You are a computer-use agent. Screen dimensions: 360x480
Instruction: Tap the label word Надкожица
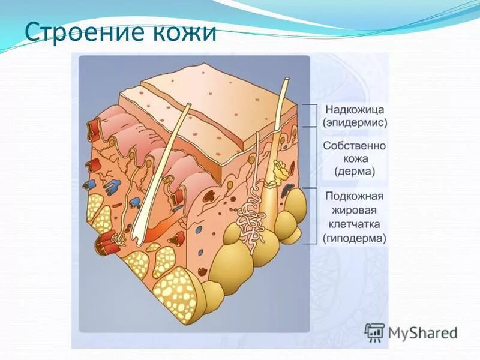pos(355,110)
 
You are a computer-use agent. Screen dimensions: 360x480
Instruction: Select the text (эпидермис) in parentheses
pos(355,122)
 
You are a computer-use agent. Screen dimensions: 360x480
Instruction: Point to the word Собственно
pos(355,146)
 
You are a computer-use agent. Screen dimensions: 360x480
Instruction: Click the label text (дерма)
pos(355,172)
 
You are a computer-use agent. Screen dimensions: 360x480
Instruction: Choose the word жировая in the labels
pos(355,211)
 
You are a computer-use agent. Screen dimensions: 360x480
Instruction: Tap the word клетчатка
pos(355,224)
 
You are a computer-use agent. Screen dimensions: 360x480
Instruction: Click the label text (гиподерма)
pos(355,238)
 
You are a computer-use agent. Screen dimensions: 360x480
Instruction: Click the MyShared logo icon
pos(375,332)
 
